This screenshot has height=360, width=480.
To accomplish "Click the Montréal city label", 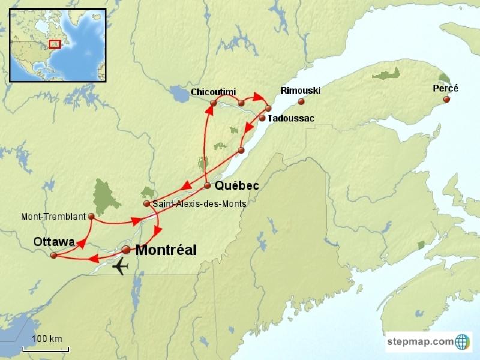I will (166, 251).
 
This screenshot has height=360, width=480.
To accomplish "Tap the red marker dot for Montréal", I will (126, 250).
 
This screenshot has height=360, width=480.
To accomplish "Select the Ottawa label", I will (54, 242).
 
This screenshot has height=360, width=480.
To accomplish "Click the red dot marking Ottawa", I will (53, 256).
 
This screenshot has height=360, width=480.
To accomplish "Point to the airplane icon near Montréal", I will (121, 265).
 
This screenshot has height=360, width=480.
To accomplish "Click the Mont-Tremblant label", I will (53, 216).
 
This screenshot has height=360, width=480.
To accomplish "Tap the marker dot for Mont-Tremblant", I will (91, 216).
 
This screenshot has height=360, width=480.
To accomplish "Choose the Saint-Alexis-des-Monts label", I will (199, 204).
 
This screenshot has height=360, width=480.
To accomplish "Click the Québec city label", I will (237, 186).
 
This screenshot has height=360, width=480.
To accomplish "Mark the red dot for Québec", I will (207, 185).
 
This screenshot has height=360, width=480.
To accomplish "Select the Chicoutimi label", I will (214, 92).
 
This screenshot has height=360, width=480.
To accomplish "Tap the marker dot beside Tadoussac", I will (262, 118).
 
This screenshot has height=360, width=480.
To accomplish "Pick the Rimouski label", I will (301, 91).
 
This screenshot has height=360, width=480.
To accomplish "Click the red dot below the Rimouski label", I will (301, 101).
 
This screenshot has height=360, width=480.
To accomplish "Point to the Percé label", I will (445, 88).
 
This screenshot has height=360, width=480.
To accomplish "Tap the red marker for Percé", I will (446, 100).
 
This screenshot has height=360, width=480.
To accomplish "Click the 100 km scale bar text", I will (47, 339).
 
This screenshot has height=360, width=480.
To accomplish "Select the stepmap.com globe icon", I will (463, 341).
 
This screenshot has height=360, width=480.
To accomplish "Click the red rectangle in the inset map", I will (55, 44).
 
